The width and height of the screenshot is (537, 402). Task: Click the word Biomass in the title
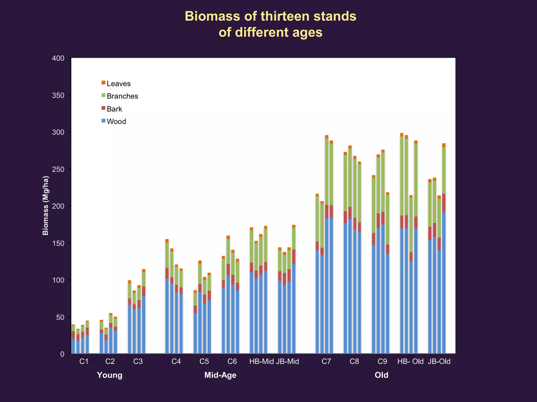coord(212,16)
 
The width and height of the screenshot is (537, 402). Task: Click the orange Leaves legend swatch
coord(103,83)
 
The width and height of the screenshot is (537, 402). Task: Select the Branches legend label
coord(122,96)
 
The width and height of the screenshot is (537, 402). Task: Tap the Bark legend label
coord(114,109)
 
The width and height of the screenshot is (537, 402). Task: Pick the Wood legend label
coord(116,121)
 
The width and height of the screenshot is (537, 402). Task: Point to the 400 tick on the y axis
coord(58,58)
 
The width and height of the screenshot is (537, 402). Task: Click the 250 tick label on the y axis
coord(58,169)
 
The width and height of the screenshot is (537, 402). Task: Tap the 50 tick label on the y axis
coord(60,317)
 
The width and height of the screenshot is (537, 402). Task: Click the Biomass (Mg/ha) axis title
coord(46,205)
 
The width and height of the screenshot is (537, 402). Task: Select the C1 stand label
coord(84,361)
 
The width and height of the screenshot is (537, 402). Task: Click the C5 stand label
coord(204,361)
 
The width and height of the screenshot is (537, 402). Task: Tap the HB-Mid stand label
coord(261,361)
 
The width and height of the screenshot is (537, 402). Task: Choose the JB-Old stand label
coord(439,361)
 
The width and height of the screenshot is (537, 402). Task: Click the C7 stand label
coord(326,361)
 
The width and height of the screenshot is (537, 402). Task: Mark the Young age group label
coord(110,375)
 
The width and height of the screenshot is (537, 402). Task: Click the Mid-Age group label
coord(220,375)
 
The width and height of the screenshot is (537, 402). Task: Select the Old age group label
coord(381,375)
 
